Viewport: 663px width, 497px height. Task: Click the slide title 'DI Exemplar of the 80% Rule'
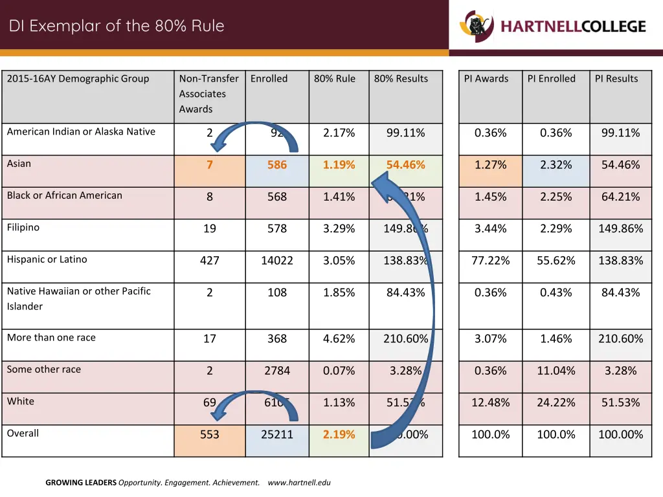(x=117, y=27)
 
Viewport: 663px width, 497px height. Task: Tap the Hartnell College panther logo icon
(x=477, y=26)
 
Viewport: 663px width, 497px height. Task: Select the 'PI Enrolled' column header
(x=551, y=79)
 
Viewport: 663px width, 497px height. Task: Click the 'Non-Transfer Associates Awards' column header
(x=208, y=94)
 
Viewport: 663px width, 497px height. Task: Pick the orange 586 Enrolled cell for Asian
(x=277, y=165)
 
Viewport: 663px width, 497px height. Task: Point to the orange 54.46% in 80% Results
(x=405, y=165)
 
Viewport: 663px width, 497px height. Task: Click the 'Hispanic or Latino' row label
(x=47, y=260)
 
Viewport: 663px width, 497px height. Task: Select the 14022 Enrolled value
(x=277, y=261)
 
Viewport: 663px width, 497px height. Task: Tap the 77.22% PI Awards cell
(x=490, y=261)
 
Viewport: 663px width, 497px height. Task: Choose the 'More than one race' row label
(x=51, y=338)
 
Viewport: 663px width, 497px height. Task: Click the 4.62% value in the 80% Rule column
(x=339, y=339)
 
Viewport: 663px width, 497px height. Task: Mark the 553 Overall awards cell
(x=210, y=435)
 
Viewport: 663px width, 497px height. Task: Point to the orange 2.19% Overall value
(x=339, y=435)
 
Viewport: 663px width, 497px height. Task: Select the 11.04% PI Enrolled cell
(x=556, y=371)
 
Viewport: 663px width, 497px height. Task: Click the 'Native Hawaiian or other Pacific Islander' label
(x=78, y=298)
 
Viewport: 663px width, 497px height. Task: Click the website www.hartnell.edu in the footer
(x=298, y=483)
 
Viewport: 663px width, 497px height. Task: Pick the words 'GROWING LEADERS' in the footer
(x=81, y=483)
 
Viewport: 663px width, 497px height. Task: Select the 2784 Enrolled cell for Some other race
(x=277, y=371)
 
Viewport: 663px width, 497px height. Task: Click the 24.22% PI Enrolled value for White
(x=556, y=403)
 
